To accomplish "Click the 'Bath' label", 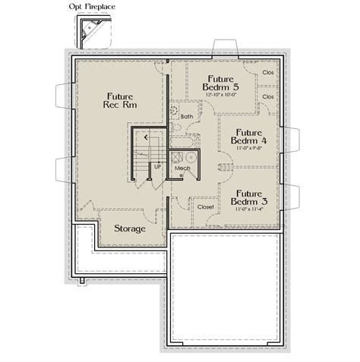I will pos(188,116).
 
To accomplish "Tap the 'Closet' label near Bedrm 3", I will pos(206,206).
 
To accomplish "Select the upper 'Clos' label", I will pos(267,74).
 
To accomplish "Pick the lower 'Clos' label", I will pos(267,97).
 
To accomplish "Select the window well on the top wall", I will pos(219,46).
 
